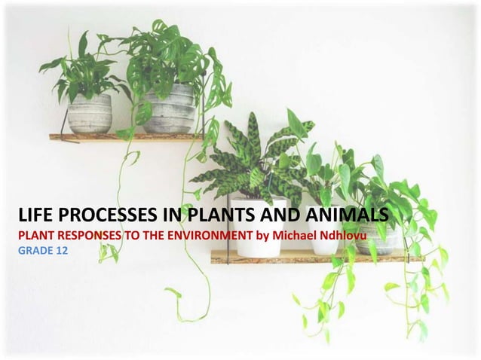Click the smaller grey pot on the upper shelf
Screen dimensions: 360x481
click(x=88, y=114)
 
